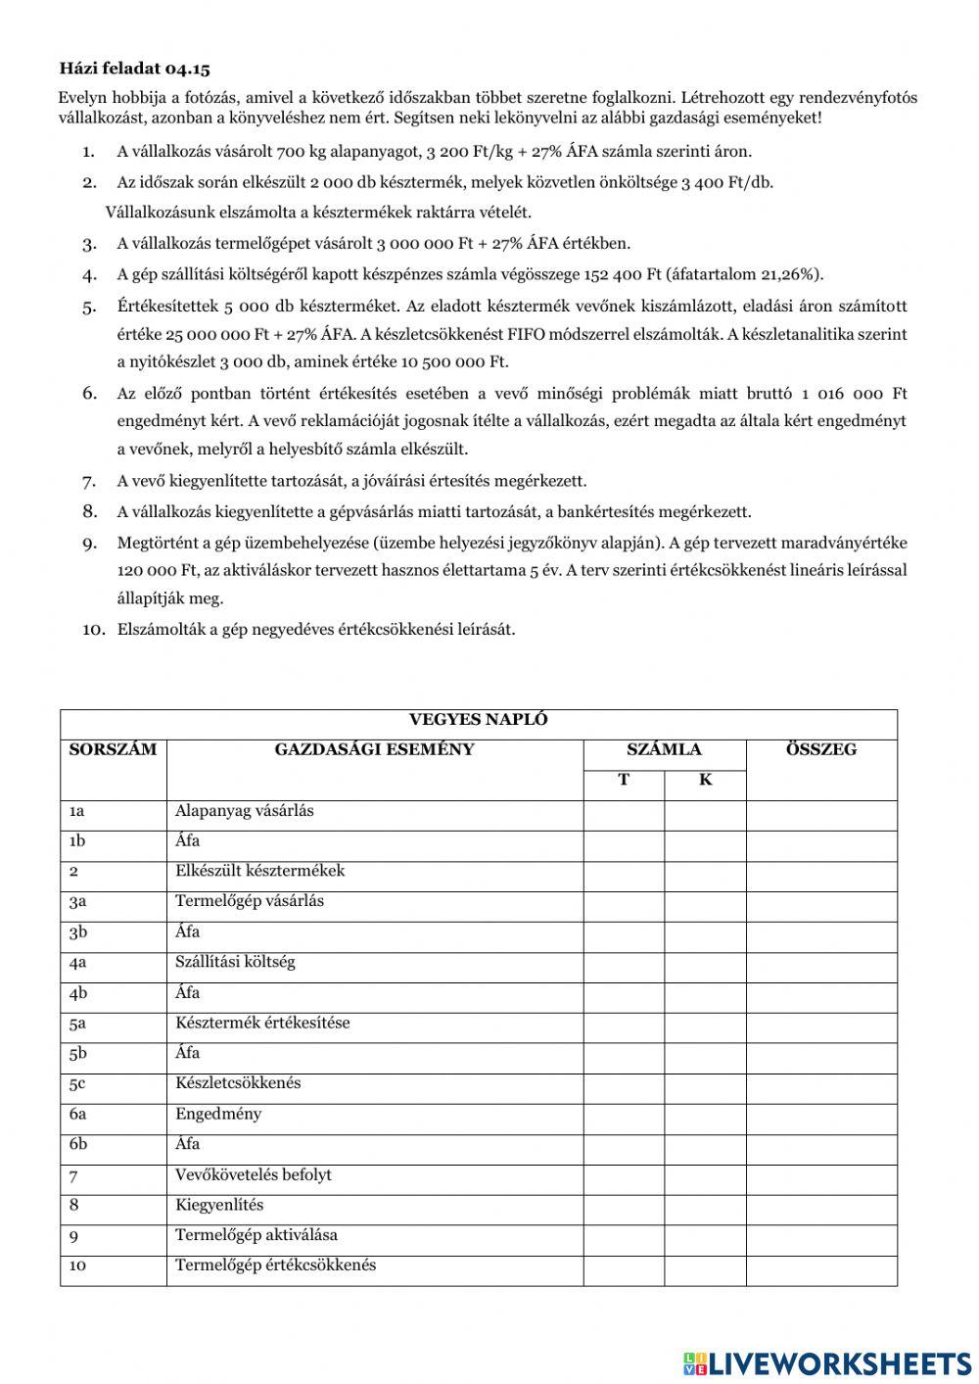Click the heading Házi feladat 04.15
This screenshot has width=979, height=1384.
[x=134, y=69]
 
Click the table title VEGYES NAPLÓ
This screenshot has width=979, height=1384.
[x=478, y=720]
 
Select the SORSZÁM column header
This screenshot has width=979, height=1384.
[x=113, y=750]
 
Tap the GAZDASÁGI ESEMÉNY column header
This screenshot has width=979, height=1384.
[x=374, y=750]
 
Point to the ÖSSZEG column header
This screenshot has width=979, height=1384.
[x=820, y=750]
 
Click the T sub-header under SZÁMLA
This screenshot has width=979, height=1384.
[x=624, y=781]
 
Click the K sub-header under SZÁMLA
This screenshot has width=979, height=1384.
[x=705, y=781]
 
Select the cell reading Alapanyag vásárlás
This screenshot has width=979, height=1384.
[x=245, y=811]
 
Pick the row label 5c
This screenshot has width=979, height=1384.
[x=77, y=1084]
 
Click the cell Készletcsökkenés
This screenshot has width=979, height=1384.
[x=238, y=1083]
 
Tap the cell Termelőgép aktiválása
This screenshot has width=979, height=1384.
[x=256, y=1235]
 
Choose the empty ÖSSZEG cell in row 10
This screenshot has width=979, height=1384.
[x=820, y=1265]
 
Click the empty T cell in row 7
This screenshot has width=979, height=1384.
[x=624, y=1175]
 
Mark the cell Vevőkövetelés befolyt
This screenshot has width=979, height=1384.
[x=254, y=1174]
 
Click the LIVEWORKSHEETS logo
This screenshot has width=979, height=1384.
[x=827, y=1362]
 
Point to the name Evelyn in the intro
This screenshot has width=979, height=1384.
[x=81, y=98]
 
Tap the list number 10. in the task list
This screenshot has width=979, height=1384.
[x=93, y=630]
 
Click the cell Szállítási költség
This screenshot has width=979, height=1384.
[x=235, y=962]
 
